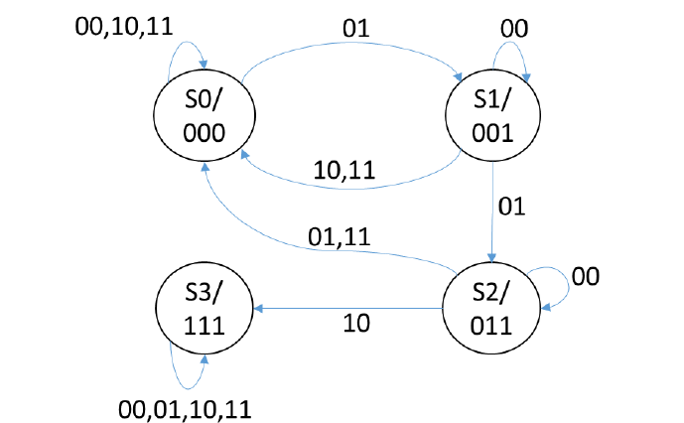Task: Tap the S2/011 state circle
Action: tap(493, 307)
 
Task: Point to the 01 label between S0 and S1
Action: tap(355, 30)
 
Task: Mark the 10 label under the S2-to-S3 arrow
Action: tap(355, 326)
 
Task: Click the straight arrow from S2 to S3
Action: tap(347, 309)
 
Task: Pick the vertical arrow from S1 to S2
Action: tap(493, 209)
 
